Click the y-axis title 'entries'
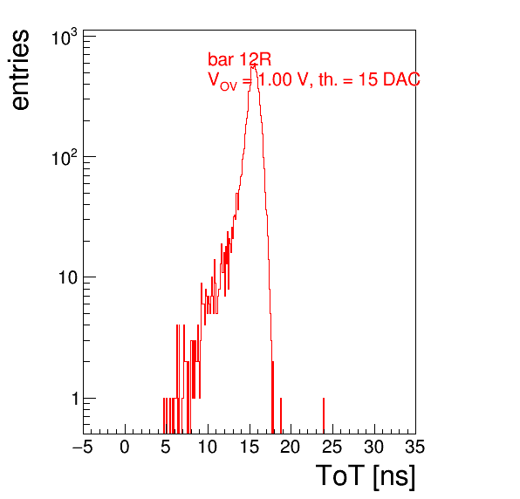tap(21, 70)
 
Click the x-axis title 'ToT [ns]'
tap(366, 476)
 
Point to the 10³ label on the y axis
tap(65, 38)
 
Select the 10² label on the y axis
tap(65, 158)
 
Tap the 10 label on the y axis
tap(68, 277)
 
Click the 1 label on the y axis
tap(75, 399)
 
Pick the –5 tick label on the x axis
tap(83, 447)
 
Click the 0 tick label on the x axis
tap(125, 447)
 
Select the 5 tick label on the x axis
tap(166, 447)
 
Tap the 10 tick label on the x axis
tap(208, 447)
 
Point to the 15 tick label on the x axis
tap(250, 447)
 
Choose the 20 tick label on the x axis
tap(291, 447)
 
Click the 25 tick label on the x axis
tap(332, 447)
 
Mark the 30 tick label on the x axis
tap(374, 447)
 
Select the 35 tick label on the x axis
tap(415, 447)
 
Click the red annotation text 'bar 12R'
tap(239, 59)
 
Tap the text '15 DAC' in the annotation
tap(390, 79)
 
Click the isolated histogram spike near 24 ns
tap(324, 415)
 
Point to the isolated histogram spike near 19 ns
tap(281, 415)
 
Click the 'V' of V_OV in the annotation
tap(214, 79)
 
